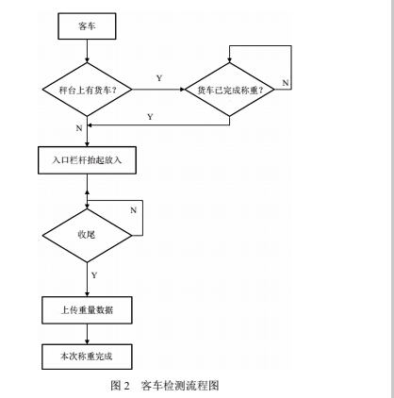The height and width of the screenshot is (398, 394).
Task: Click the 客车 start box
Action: [88, 27]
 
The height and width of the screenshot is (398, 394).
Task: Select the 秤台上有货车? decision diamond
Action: [88, 90]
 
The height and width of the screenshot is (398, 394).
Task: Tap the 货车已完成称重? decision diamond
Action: [229, 90]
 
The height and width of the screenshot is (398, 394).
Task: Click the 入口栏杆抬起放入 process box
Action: [88, 161]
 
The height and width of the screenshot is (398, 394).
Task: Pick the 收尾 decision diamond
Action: [88, 234]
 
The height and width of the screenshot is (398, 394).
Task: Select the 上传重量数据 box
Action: [88, 309]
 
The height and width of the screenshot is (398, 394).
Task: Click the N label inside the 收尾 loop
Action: [132, 208]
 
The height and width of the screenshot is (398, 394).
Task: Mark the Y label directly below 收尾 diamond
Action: [93, 274]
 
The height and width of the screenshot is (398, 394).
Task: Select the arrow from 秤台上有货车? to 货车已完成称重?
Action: [157, 90]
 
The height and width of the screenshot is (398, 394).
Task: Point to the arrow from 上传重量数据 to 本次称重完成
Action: [88, 332]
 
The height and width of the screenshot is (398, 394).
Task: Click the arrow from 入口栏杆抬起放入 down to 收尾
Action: [88, 189]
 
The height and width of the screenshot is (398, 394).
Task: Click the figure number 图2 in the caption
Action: [120, 384]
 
